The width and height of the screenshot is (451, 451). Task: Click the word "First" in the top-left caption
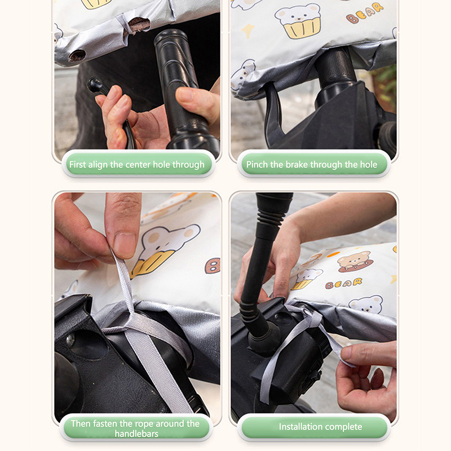point(78,165)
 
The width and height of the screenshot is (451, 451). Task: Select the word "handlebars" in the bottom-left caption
point(136,434)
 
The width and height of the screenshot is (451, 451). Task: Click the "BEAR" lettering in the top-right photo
point(365,13)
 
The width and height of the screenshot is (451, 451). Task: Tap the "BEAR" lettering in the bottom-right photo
point(343,284)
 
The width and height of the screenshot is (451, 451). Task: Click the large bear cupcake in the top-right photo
point(298,21)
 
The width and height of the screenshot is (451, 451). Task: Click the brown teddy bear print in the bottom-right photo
point(355,261)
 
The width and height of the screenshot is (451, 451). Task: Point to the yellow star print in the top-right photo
point(248,30)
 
